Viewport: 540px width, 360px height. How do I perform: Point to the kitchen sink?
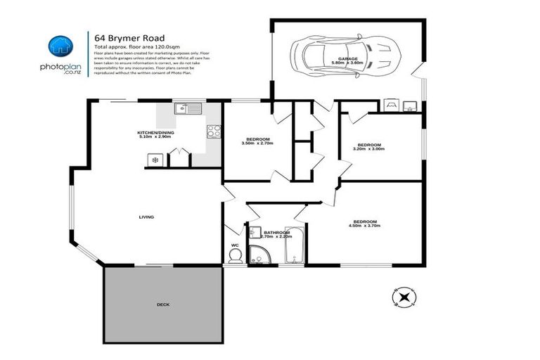(x=188, y=109)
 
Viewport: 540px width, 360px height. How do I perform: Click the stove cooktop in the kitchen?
(x=213, y=131)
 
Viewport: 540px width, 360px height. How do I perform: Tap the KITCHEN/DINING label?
(x=155, y=133)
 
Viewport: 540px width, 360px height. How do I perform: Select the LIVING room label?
(x=146, y=217)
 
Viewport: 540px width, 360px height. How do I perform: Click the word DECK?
(x=163, y=304)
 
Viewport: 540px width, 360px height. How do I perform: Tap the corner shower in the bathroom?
(x=261, y=257)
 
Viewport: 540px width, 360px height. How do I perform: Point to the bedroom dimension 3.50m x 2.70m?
(x=257, y=143)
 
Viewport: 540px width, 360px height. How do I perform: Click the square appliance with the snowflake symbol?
(x=155, y=160)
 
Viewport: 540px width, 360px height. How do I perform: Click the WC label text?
(x=235, y=245)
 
